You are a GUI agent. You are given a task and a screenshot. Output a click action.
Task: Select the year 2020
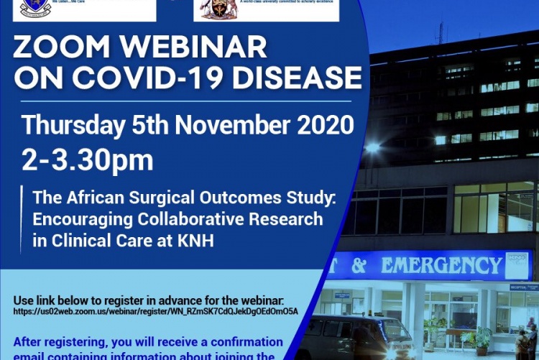322,126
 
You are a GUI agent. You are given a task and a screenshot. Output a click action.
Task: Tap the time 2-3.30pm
87,160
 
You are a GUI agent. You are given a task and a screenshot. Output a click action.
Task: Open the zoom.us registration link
156,311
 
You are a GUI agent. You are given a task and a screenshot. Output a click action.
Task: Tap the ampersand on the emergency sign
359,266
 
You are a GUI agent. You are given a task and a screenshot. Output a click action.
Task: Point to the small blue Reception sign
524,287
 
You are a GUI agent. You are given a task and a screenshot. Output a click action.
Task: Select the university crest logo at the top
224,9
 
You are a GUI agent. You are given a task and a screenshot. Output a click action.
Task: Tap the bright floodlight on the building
372,147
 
